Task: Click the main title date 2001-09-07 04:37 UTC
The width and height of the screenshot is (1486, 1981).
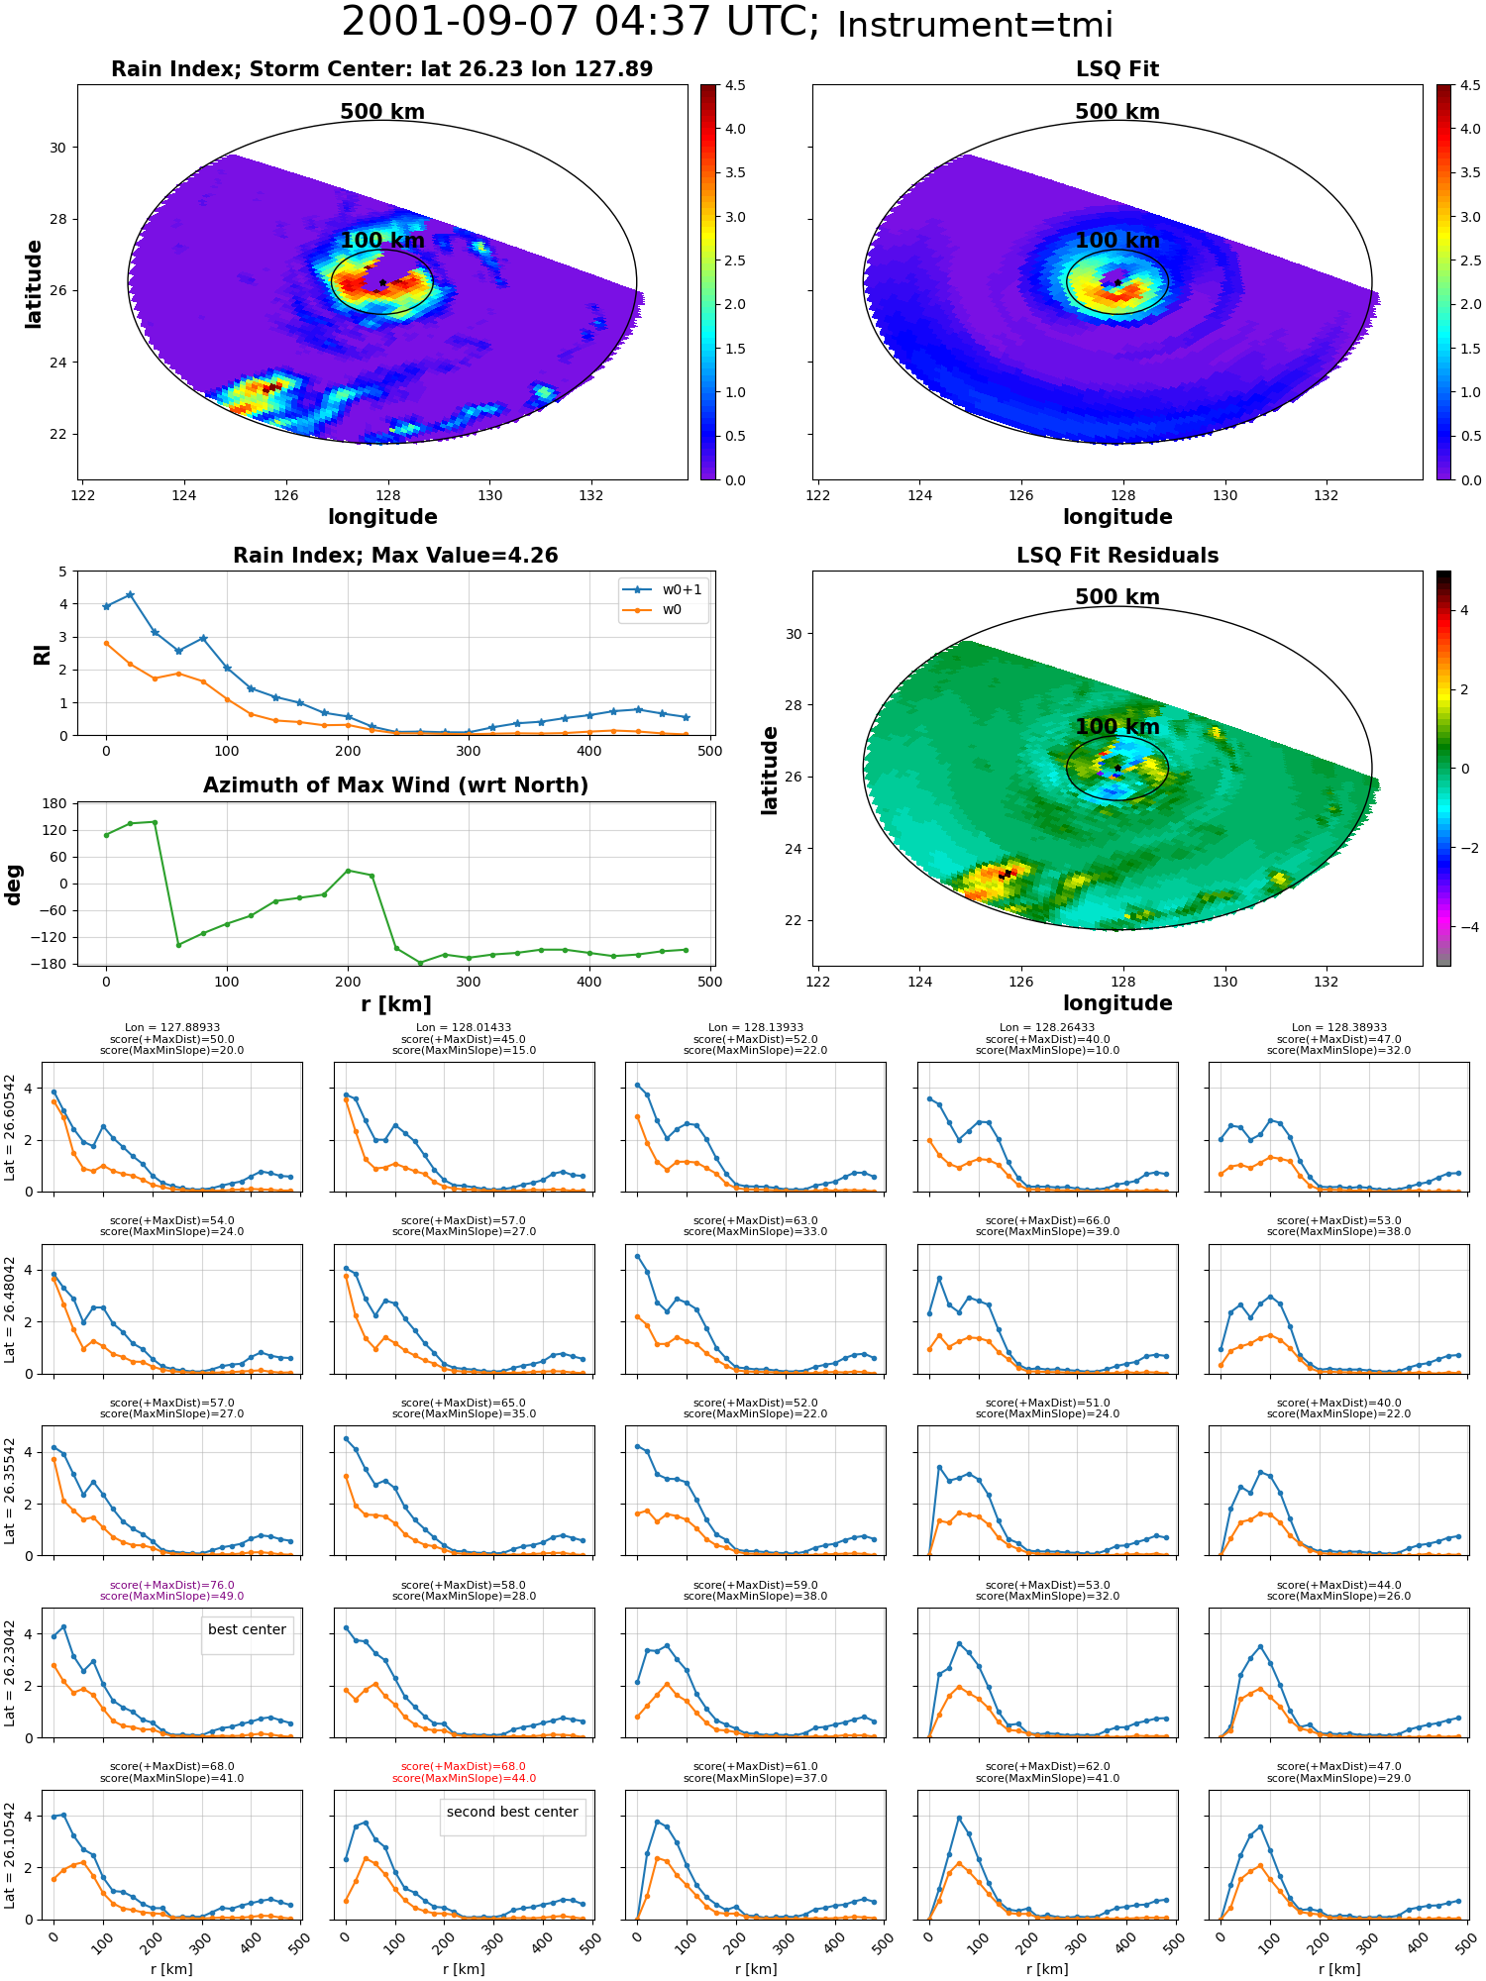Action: (x=581, y=23)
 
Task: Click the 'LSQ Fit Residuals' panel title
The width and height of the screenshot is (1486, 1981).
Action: (x=1117, y=556)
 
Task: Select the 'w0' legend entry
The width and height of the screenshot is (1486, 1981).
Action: (x=653, y=610)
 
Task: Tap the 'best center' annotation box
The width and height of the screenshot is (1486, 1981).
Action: (x=247, y=1629)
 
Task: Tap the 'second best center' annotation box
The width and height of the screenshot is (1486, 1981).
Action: (x=512, y=1812)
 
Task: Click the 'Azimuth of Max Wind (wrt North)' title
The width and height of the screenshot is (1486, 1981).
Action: (x=395, y=785)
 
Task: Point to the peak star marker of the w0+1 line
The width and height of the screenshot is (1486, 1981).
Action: (x=130, y=595)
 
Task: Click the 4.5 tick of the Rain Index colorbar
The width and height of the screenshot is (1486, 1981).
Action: (x=735, y=85)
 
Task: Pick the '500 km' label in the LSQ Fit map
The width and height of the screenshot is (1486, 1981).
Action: (x=1117, y=112)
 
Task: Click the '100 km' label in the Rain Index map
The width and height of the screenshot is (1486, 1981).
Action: (x=382, y=241)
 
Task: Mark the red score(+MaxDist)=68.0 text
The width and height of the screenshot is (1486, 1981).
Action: (x=464, y=1766)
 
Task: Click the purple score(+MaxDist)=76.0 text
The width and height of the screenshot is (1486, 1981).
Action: (x=171, y=1585)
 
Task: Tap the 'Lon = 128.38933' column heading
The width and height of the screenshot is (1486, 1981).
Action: (x=1338, y=1027)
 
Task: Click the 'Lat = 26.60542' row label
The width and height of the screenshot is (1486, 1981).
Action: (x=10, y=1127)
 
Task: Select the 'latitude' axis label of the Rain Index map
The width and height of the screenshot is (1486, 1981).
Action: (x=34, y=283)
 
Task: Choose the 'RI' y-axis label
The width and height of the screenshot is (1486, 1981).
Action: (x=43, y=654)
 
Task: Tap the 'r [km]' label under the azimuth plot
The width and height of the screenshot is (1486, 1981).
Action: (x=396, y=1004)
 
